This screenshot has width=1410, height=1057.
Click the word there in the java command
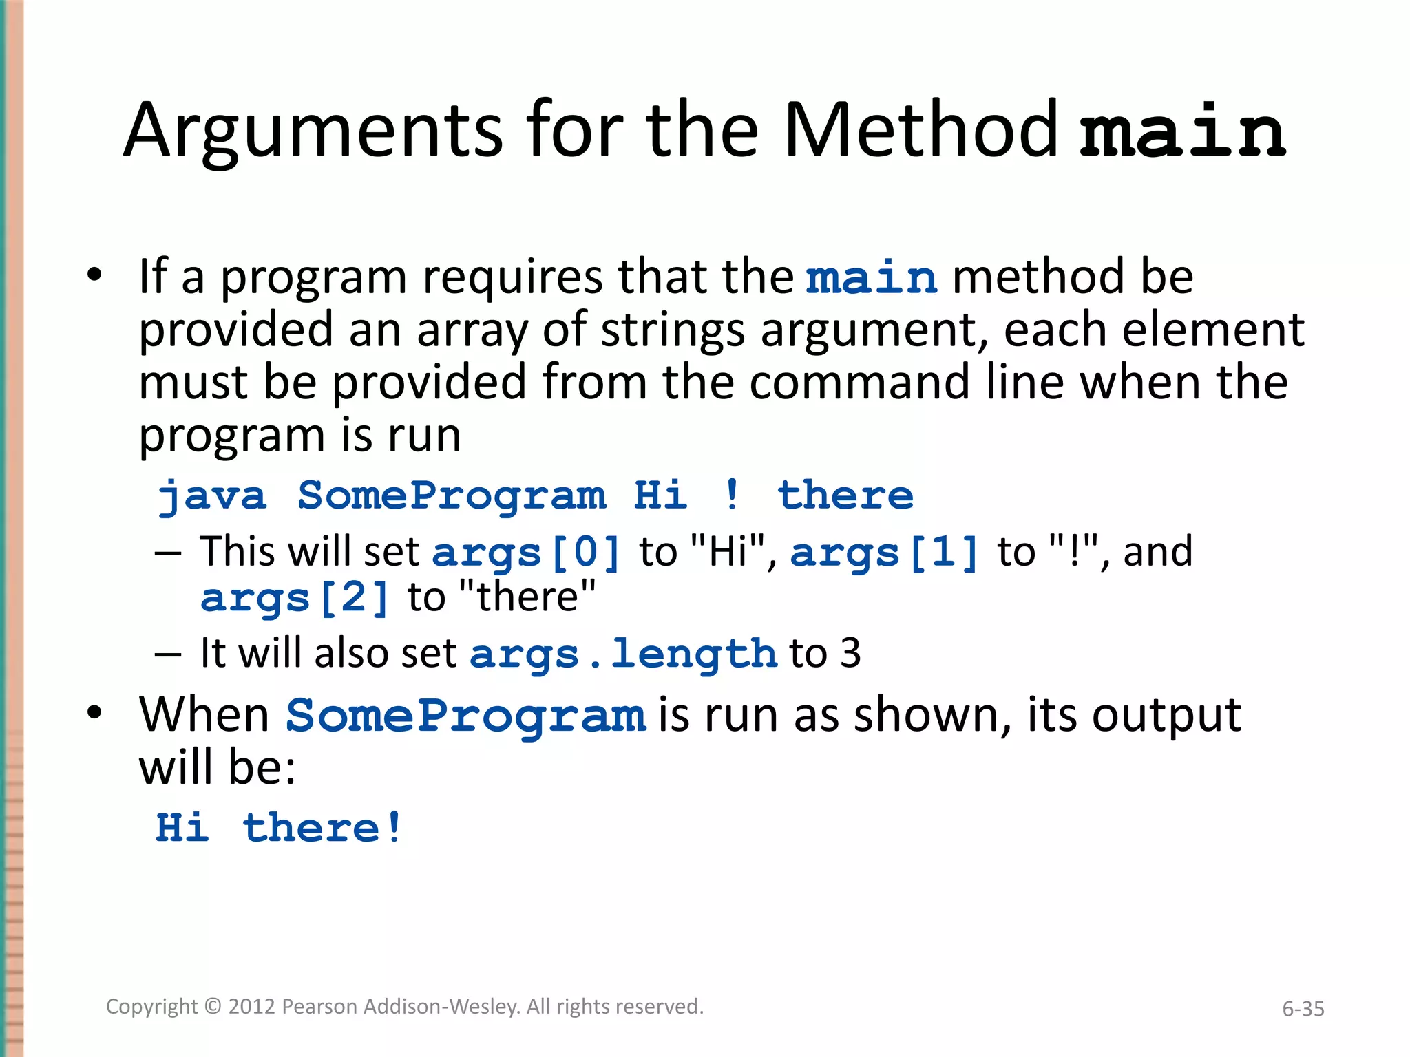tap(845, 495)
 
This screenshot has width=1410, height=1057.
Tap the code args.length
tap(623, 654)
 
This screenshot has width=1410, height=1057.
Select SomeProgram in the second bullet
tap(466, 716)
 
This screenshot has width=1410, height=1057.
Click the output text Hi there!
tap(279, 828)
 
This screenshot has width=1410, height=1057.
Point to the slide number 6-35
tap(1303, 1009)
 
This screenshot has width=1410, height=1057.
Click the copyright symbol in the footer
tap(213, 1007)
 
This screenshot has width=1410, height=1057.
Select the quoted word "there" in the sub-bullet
tap(527, 598)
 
